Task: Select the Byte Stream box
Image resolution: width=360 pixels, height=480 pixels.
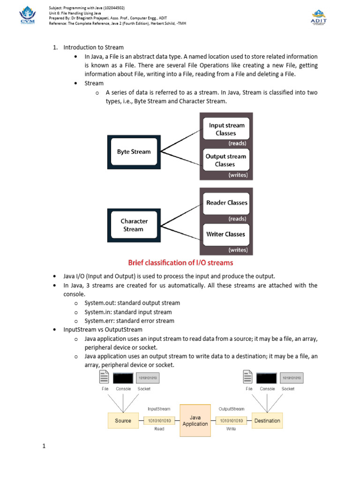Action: (134, 152)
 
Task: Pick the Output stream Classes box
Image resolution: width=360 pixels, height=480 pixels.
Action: (226, 160)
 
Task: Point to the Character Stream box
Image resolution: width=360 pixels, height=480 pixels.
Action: (134, 225)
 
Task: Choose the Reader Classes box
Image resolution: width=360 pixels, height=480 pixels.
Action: (226, 203)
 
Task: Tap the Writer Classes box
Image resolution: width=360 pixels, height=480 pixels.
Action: (226, 234)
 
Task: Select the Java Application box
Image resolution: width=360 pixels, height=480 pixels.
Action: (195, 420)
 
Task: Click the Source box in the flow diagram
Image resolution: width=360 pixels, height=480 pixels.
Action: (123, 420)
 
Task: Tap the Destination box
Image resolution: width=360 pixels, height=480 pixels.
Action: (267, 420)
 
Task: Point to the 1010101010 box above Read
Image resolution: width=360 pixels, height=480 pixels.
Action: (159, 421)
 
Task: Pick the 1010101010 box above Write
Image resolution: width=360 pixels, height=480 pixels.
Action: (231, 421)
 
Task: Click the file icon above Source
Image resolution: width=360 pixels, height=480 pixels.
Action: (105, 377)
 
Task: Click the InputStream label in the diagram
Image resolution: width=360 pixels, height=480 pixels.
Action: (159, 409)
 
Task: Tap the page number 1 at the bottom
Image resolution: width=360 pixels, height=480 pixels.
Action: (44, 446)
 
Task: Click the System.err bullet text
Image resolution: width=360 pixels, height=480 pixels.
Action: (129, 321)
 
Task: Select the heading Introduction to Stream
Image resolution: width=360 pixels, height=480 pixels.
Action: (94, 47)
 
